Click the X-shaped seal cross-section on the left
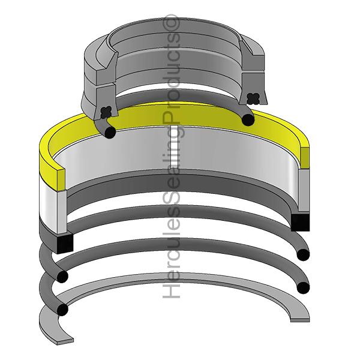[x=107, y=111]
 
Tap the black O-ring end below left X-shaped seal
[x=109, y=131]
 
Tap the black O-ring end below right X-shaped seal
[x=247, y=119]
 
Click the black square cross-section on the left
[x=65, y=242]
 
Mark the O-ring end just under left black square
[x=62, y=276]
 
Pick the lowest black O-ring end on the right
[x=303, y=286]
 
